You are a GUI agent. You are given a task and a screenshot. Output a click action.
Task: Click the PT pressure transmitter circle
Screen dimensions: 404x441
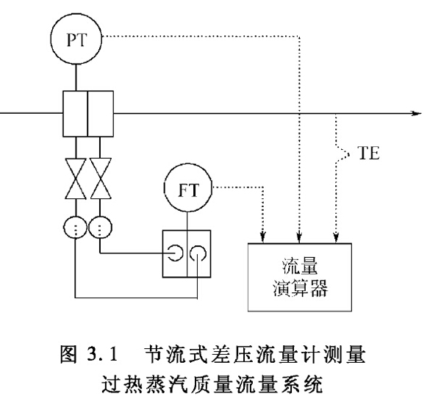point(76,39)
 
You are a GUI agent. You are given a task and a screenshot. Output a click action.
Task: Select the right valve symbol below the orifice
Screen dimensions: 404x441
point(100,179)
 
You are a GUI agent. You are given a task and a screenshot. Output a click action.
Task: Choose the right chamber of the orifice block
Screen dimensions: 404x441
point(101,114)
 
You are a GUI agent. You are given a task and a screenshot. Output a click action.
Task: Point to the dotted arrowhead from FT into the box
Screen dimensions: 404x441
point(262,236)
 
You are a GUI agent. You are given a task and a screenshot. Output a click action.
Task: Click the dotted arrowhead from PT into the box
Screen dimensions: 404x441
point(298,236)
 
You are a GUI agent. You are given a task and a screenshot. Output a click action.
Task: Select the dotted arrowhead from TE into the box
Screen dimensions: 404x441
point(336,236)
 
